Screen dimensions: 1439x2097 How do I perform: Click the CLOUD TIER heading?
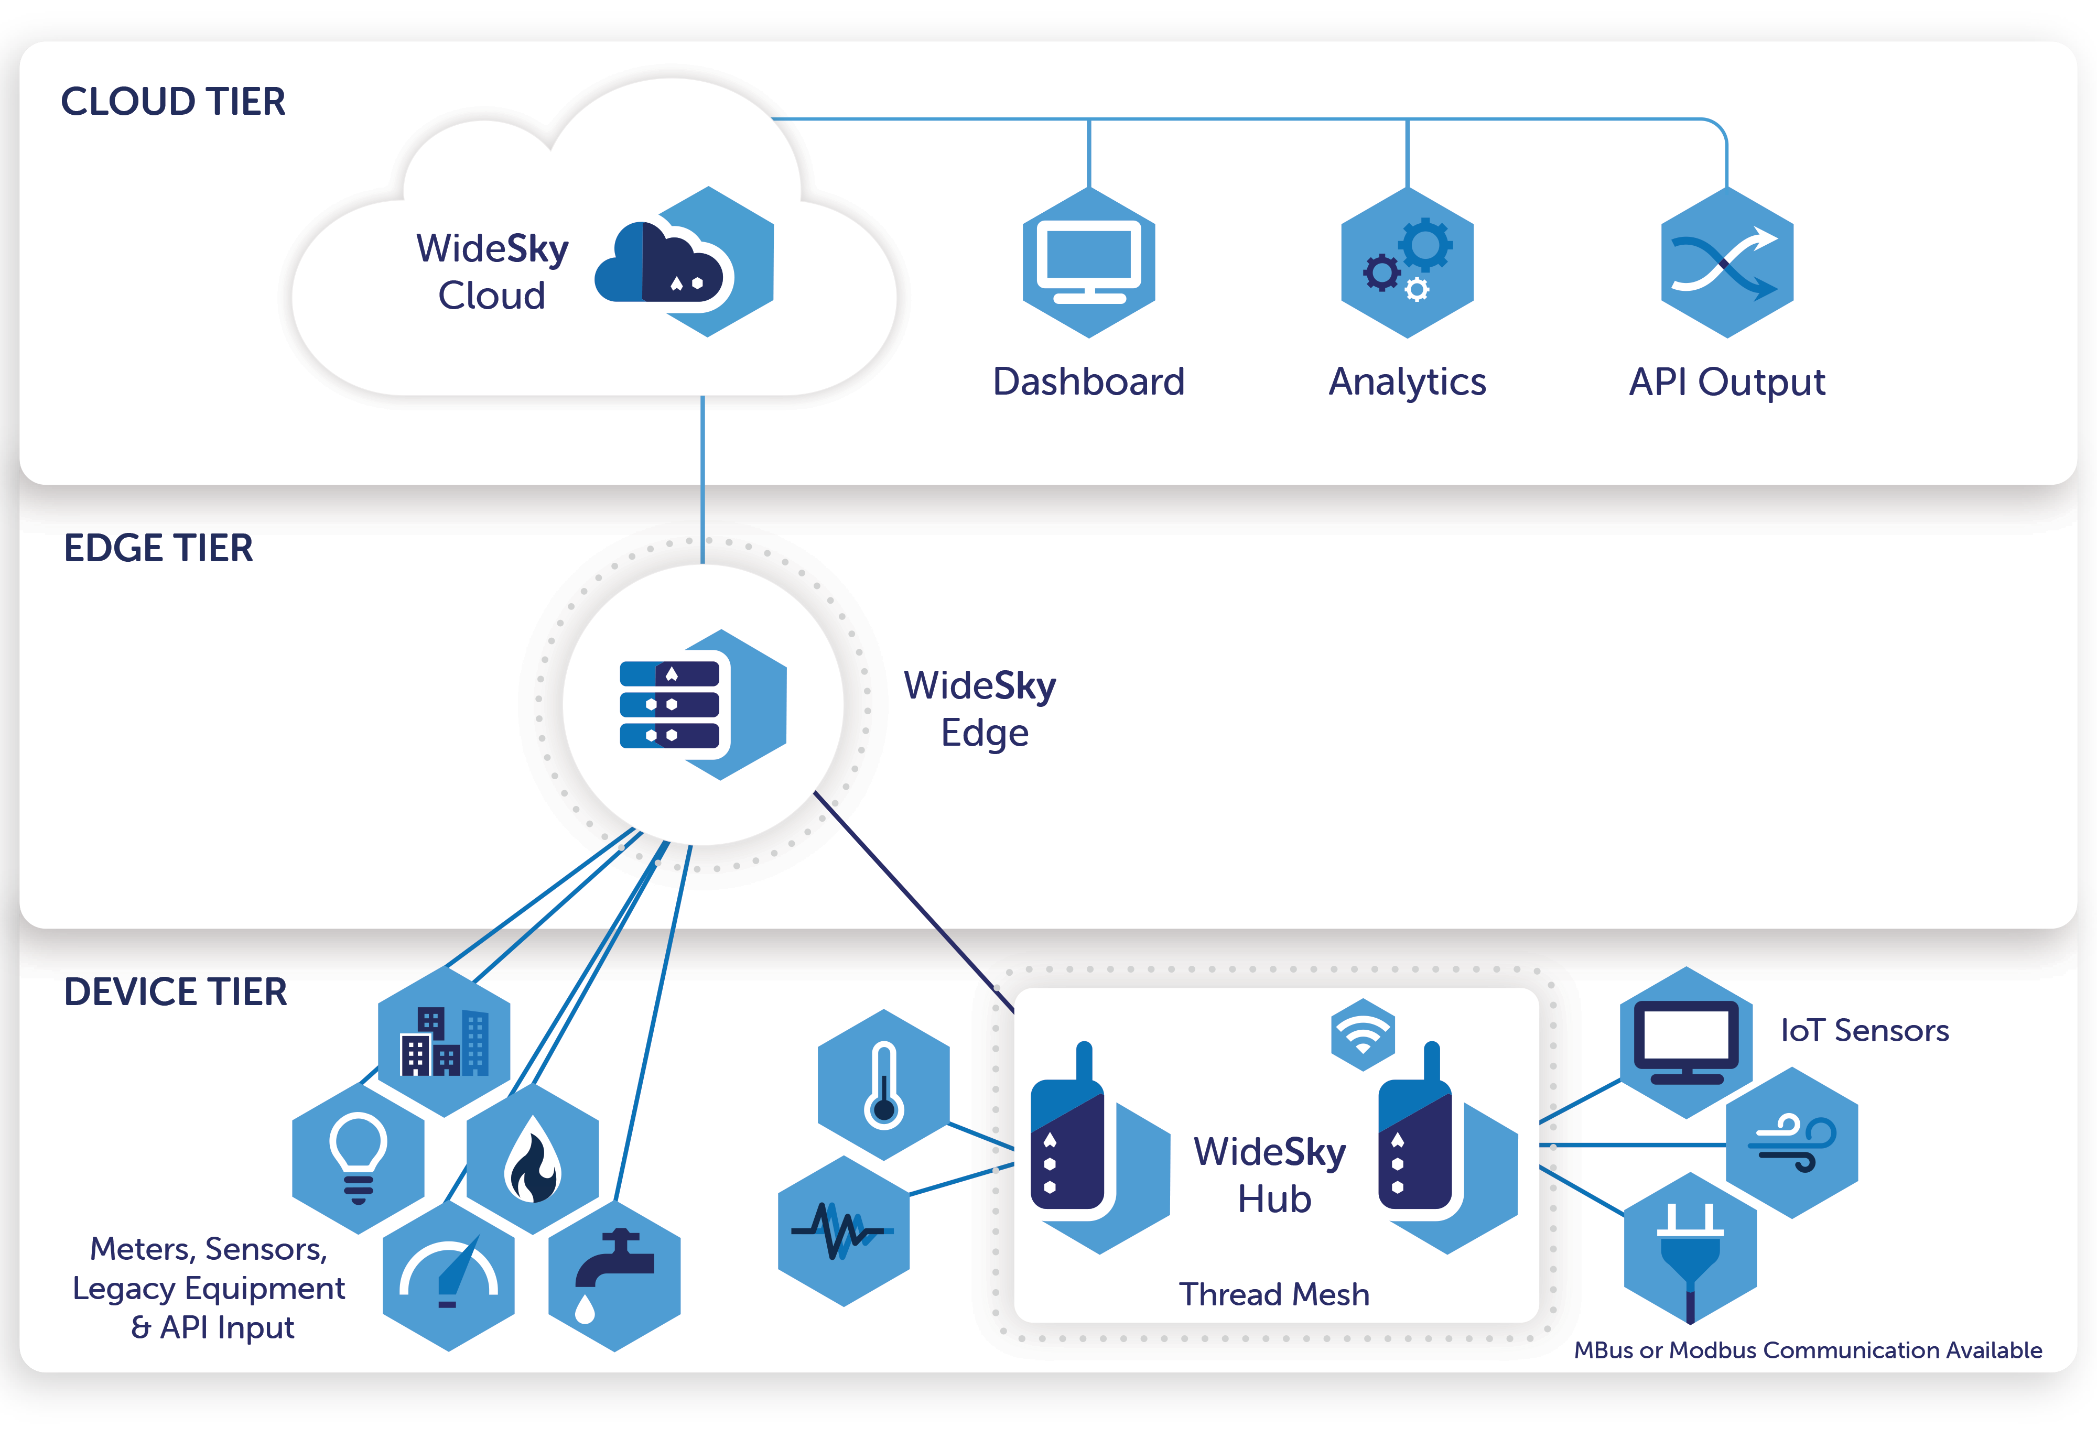point(172,101)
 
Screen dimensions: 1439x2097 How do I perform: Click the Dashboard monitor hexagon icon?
point(1088,263)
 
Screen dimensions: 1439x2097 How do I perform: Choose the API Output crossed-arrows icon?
point(1726,263)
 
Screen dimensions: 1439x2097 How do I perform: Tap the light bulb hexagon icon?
point(358,1159)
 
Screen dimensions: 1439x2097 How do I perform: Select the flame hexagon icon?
point(532,1159)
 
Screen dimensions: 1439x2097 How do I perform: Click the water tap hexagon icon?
point(614,1275)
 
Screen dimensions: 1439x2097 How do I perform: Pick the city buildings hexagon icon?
point(444,1042)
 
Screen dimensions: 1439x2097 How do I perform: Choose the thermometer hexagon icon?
point(883,1084)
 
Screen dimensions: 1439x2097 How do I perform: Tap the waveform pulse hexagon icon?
point(844,1230)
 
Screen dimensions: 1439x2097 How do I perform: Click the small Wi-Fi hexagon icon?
point(1363,1034)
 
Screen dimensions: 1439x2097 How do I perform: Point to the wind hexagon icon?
point(1791,1142)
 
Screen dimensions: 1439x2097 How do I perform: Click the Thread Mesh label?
point(1273,1294)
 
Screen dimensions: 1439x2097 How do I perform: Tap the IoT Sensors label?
point(1864,1030)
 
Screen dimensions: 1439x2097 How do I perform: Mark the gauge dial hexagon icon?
point(448,1275)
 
